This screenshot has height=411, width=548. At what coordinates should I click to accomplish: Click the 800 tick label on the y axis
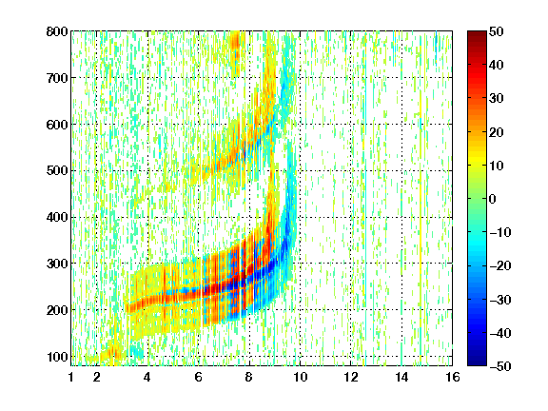click(x=57, y=31)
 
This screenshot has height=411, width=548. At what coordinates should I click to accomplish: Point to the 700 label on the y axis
click(x=57, y=78)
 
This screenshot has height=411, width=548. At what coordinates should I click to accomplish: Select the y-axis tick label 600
click(x=57, y=125)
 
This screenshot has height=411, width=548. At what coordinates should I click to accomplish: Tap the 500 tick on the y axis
click(x=57, y=171)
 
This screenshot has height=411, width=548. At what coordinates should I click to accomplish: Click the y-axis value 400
click(x=57, y=217)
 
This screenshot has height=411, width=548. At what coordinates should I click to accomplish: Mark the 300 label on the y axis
click(x=57, y=264)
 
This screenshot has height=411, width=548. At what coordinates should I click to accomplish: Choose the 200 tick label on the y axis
click(x=57, y=310)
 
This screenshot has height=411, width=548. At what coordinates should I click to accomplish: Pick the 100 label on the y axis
click(x=57, y=357)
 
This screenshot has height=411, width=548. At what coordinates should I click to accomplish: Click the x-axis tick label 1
click(x=71, y=377)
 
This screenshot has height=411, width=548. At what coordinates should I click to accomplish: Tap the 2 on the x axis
click(x=97, y=377)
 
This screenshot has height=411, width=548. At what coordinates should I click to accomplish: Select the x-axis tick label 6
click(x=198, y=377)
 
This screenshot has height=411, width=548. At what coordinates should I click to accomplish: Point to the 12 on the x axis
click(x=350, y=377)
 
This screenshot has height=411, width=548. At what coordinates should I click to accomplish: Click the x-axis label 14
click(x=401, y=377)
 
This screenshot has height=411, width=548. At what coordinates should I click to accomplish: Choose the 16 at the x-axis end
click(x=452, y=377)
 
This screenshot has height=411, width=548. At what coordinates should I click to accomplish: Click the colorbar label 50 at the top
click(x=496, y=31)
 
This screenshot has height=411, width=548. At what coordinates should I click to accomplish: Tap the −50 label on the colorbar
click(x=500, y=366)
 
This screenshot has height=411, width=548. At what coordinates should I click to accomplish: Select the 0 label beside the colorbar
click(x=493, y=199)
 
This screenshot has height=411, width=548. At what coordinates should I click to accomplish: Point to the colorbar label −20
click(x=500, y=265)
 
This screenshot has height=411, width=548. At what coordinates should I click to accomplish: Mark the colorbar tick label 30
click(x=496, y=99)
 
